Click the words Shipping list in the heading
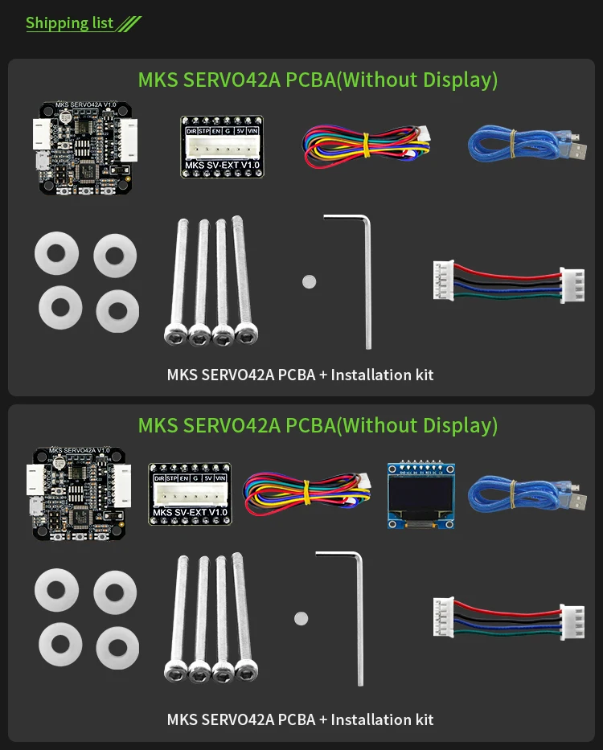coord(69,23)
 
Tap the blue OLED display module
coord(420,494)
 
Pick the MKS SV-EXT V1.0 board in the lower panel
coord(189,494)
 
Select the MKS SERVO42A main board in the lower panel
coord(79,493)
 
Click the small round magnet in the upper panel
coord(310,281)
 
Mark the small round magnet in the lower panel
coord(301,618)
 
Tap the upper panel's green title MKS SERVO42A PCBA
coord(318,80)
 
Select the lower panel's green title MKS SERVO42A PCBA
coord(318,425)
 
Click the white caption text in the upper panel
coord(300,375)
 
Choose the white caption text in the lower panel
coord(300,719)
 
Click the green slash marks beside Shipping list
coord(129,24)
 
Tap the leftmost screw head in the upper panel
coord(174,332)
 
